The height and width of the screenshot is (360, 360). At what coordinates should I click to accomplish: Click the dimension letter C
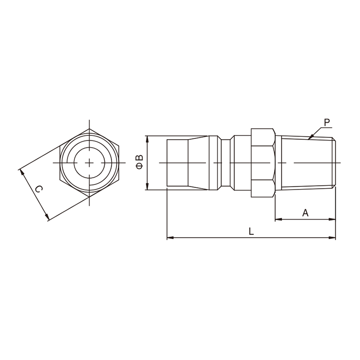coord(39,189)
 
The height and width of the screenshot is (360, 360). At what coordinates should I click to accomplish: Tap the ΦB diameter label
coord(139,162)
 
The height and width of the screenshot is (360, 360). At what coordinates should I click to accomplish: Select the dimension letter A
coord(305,213)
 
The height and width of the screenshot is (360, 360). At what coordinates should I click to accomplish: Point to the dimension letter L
coord(252,231)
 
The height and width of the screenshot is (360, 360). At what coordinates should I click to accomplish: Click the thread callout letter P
coord(327,122)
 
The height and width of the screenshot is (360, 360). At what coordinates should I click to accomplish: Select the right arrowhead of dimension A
coord(332,220)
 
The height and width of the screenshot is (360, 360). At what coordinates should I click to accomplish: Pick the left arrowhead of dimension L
coord(171,238)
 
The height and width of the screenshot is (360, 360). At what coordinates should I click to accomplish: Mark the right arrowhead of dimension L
coord(332,238)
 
